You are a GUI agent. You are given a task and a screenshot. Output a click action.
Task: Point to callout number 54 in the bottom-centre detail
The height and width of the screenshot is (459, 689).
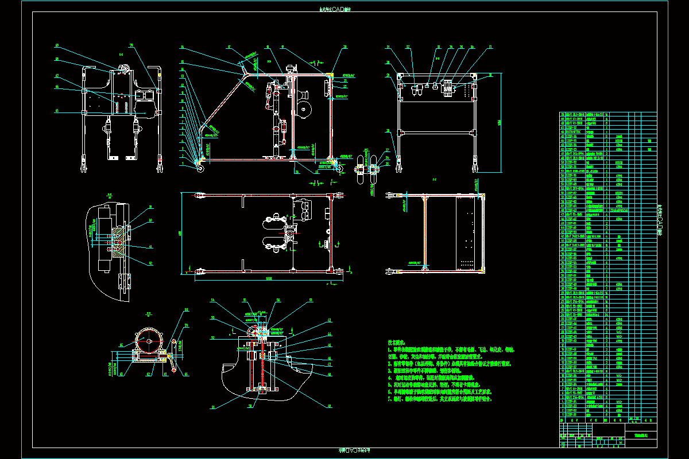(212, 301)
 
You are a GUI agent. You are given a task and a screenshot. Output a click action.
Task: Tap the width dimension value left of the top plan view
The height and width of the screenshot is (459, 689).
(180, 233)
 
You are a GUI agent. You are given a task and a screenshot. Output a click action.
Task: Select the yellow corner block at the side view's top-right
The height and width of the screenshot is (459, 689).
(330, 75)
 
